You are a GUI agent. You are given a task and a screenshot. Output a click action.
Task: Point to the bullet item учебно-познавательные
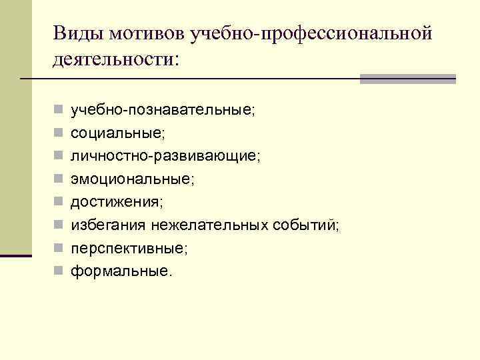click(x=162, y=109)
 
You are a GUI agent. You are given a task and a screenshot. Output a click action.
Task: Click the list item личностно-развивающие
click(x=165, y=155)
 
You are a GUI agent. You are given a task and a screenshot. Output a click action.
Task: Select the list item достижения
click(x=125, y=202)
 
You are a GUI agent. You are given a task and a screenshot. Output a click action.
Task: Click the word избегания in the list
click(x=108, y=225)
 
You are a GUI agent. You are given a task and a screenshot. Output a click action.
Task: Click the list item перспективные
click(x=129, y=249)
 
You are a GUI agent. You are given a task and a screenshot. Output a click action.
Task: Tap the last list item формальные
click(x=121, y=271)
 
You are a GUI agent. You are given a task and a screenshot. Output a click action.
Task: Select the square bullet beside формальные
click(x=59, y=271)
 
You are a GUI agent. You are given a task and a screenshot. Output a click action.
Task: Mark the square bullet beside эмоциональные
click(x=59, y=179)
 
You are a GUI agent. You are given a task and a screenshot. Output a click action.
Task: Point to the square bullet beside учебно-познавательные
click(x=59, y=109)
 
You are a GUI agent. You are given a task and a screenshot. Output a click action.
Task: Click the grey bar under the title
click(x=407, y=79)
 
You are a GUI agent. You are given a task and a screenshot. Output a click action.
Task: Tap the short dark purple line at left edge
click(x=16, y=255)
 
